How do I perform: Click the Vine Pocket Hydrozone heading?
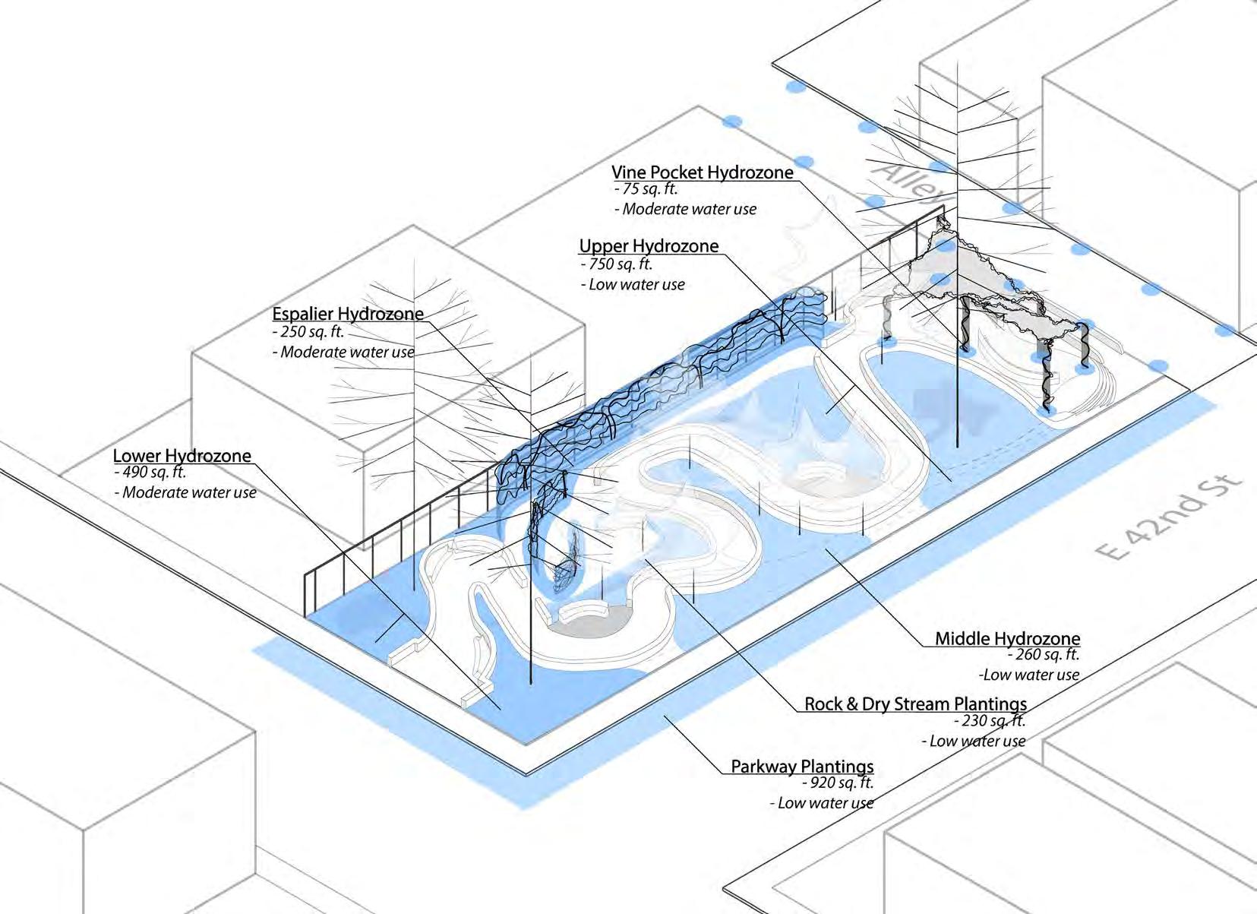[x=703, y=172]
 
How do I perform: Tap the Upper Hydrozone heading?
[x=649, y=246]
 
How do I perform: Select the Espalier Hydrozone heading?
[x=348, y=314]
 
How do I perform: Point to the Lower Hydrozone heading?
[x=182, y=456]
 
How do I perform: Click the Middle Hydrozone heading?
[x=1007, y=638]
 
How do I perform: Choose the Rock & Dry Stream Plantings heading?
[x=915, y=704]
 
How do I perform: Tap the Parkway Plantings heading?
[x=802, y=766]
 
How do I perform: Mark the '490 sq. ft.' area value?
[x=150, y=473]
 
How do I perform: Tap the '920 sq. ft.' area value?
[x=838, y=783]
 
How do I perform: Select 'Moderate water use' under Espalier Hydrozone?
[x=344, y=353]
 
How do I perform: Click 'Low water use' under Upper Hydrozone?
[x=633, y=285]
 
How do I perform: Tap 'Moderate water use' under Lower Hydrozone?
[x=186, y=493]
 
